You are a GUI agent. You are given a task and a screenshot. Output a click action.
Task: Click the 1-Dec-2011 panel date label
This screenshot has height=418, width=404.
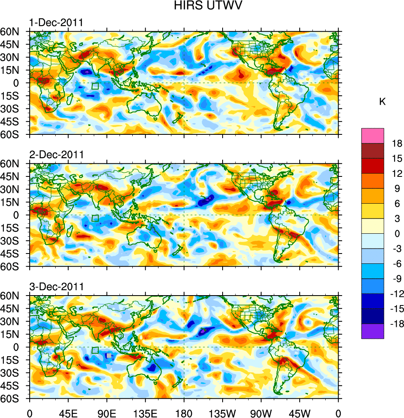56,22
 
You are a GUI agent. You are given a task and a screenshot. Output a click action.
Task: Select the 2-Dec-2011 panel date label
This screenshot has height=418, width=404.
56,155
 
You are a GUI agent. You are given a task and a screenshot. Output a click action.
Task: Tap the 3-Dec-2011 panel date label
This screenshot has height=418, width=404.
56,286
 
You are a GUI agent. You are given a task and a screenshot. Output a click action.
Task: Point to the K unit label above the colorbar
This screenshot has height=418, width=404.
383,101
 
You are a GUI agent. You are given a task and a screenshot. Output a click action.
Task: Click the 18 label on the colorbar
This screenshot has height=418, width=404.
397,143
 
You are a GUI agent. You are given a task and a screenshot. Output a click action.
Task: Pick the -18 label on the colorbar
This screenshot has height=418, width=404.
395,324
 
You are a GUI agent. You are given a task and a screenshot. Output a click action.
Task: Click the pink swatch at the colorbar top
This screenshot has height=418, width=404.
373,136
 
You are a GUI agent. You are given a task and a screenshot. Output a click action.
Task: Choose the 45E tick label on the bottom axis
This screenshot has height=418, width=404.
68,412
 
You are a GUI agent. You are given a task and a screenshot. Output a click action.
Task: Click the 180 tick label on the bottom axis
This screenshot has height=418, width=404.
184,412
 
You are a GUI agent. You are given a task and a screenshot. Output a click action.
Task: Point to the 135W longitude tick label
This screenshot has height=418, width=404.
222,412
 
